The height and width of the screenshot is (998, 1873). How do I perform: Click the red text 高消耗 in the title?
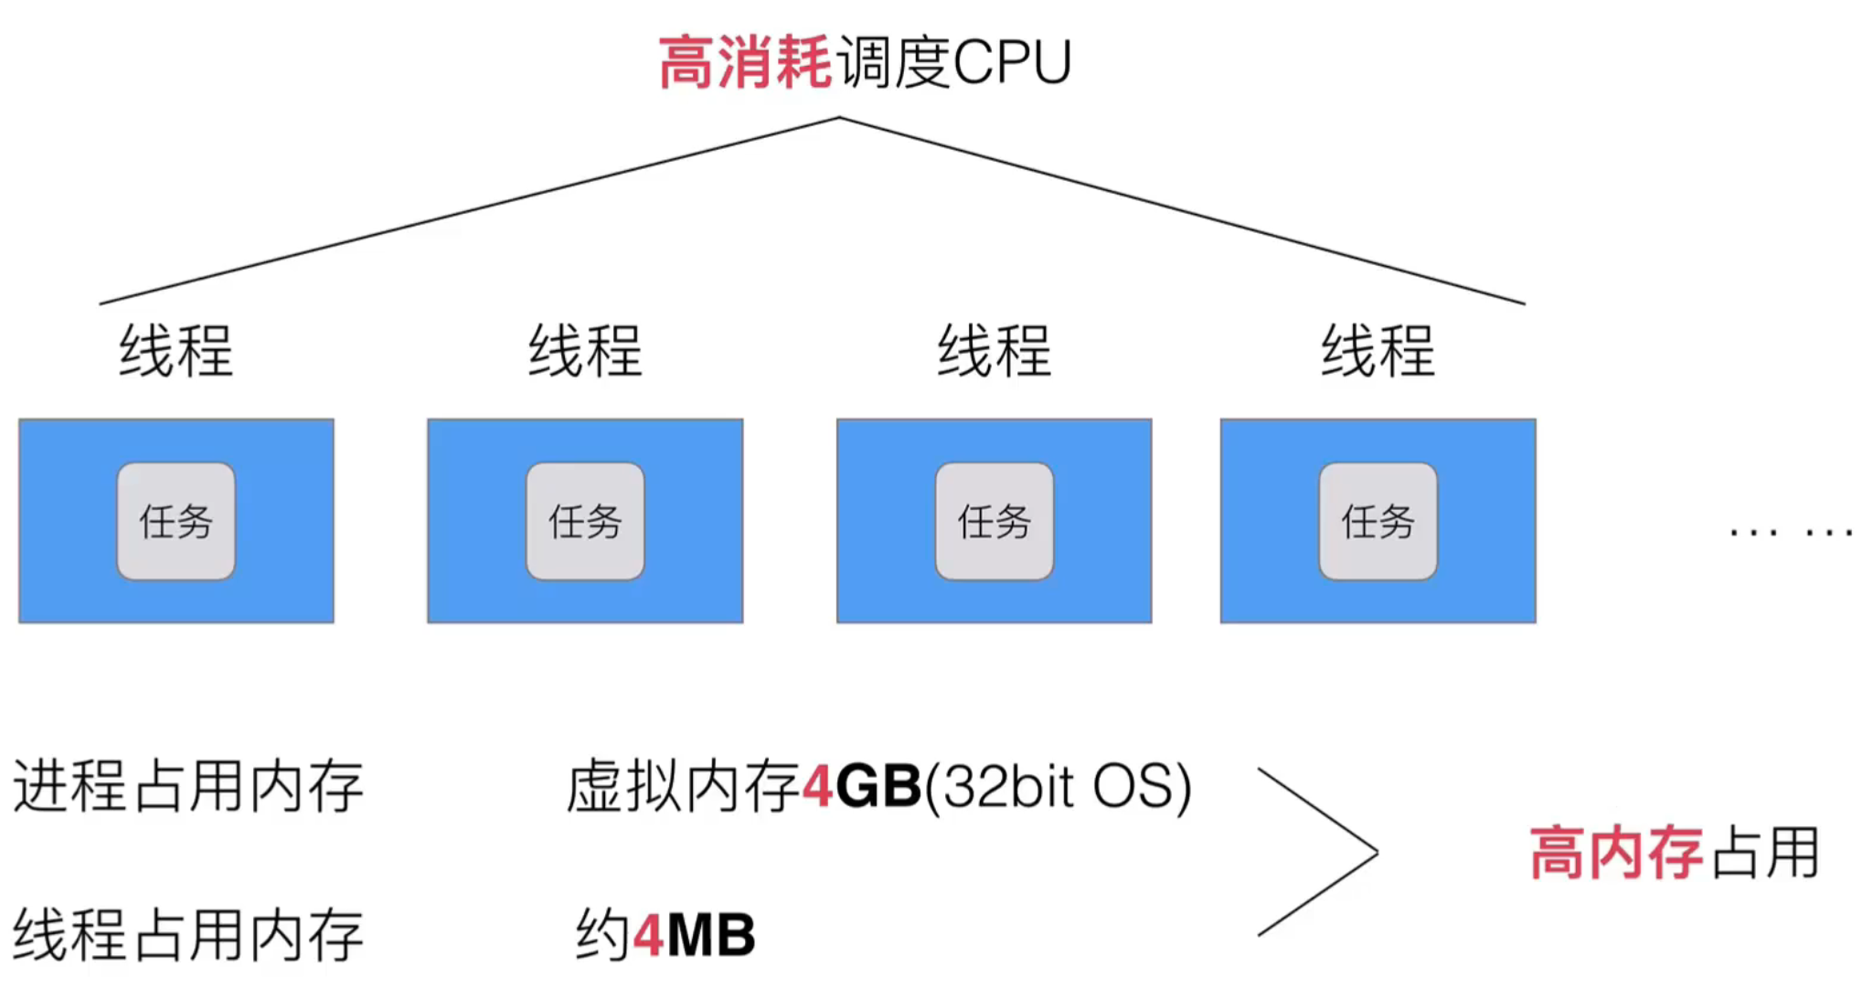pyautogui.click(x=744, y=63)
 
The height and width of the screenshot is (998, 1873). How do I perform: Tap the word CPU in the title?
pyautogui.click(x=1012, y=63)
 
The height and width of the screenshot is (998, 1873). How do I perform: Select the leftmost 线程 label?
pyautogui.click(x=176, y=351)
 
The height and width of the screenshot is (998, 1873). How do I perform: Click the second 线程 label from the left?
pyautogui.click(x=585, y=351)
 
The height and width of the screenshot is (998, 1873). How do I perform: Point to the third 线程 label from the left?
pyautogui.click(x=995, y=351)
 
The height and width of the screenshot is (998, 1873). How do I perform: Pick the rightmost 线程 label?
pyautogui.click(x=1378, y=351)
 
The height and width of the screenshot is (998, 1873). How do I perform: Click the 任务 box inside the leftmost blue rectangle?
pyautogui.click(x=176, y=521)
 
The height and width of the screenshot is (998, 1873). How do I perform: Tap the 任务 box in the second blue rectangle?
pyautogui.click(x=585, y=521)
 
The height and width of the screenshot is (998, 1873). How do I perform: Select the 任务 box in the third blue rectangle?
pyautogui.click(x=995, y=521)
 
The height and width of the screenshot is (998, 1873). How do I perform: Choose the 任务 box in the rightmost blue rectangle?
pyautogui.click(x=1378, y=521)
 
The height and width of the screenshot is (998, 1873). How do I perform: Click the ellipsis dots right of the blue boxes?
pyautogui.click(x=1792, y=531)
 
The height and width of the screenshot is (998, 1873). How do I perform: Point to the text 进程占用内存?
pyautogui.click(x=188, y=786)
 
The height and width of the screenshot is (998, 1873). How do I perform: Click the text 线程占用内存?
pyautogui.click(x=188, y=935)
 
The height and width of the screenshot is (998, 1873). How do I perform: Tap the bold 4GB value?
pyautogui.click(x=862, y=786)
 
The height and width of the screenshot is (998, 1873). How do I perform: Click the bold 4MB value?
pyautogui.click(x=695, y=935)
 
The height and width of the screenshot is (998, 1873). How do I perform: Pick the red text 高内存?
pyautogui.click(x=1616, y=853)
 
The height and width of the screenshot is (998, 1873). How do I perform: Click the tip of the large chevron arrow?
pyautogui.click(x=1376, y=853)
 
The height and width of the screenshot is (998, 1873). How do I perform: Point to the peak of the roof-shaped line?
pyautogui.click(x=839, y=118)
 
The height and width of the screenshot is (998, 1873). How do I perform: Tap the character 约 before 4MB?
pyautogui.click(x=602, y=935)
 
